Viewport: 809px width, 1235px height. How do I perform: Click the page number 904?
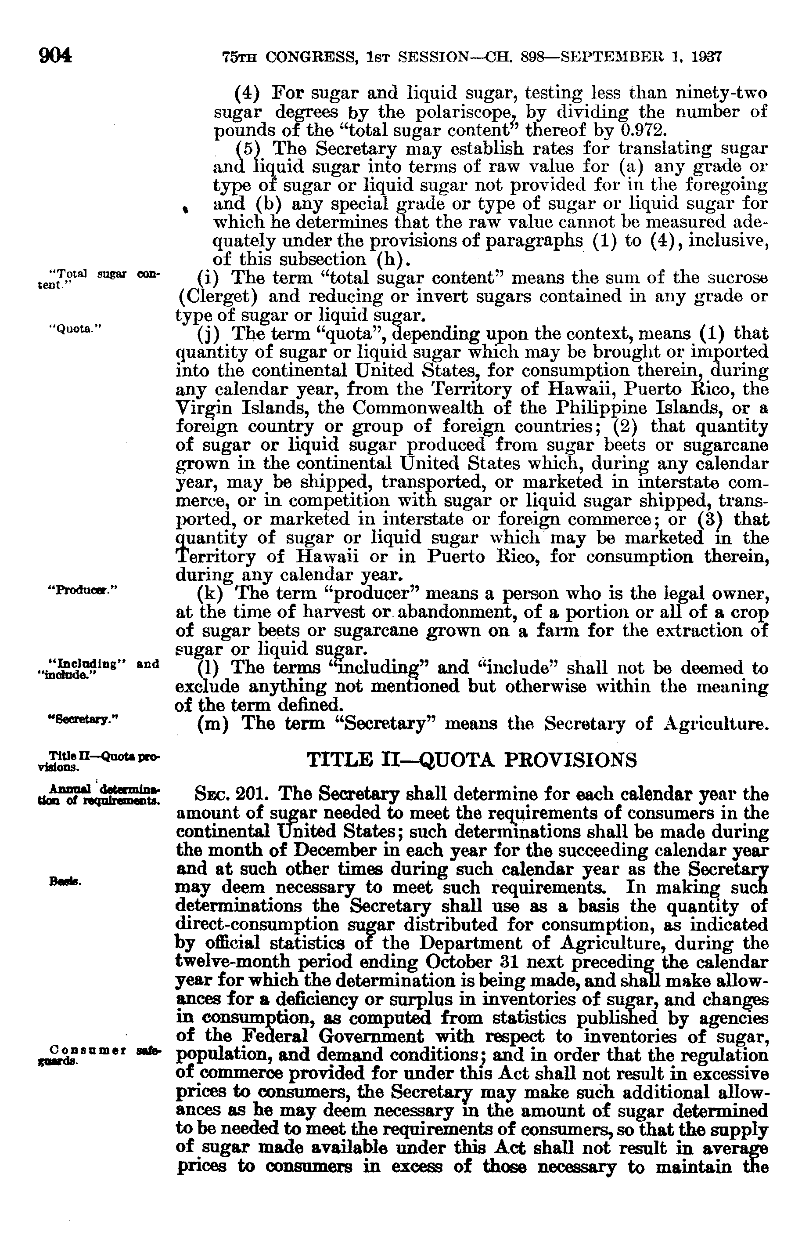click(54, 55)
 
